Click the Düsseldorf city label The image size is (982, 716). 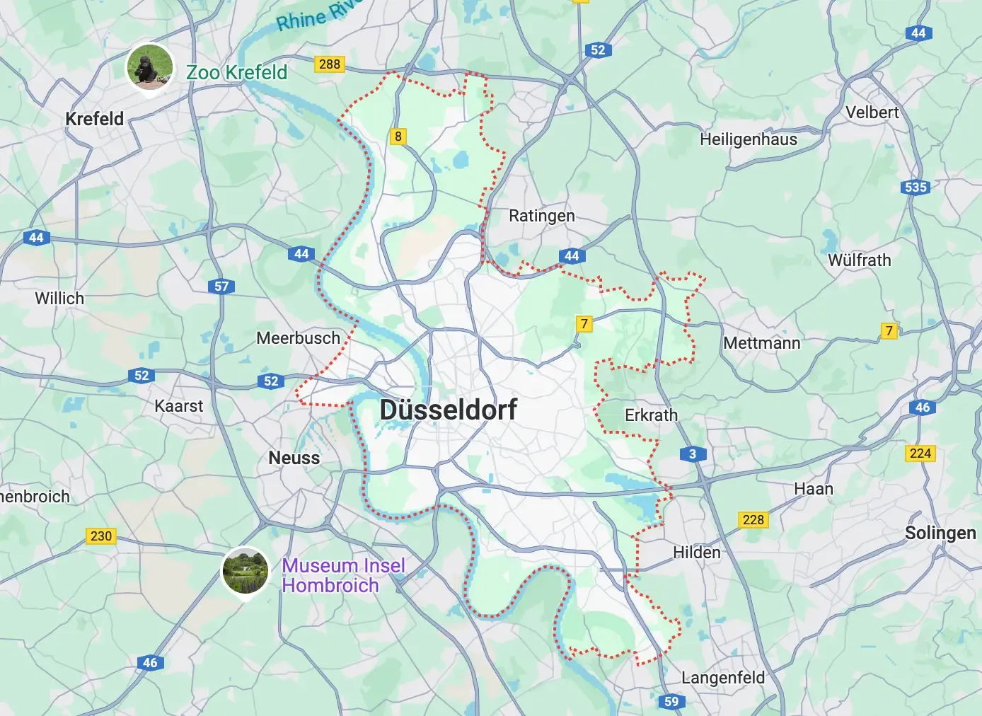point(449,410)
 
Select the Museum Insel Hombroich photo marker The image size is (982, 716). point(245,571)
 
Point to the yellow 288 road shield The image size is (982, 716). point(329,64)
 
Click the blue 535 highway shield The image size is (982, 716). point(915,187)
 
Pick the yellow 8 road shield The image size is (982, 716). point(398,137)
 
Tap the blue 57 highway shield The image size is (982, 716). point(221,287)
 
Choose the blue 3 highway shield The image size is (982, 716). point(693,454)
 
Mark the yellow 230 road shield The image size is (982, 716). point(101,536)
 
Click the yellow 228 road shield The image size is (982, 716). point(753,520)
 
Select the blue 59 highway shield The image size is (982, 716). point(671,701)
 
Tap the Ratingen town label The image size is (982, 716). point(542,216)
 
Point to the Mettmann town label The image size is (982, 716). point(761,343)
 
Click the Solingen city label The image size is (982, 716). point(940,533)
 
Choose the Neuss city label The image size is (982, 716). point(294,458)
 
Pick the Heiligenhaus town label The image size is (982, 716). point(749,139)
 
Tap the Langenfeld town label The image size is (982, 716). point(723,678)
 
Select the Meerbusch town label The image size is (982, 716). point(299,338)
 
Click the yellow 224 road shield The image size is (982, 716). point(920,454)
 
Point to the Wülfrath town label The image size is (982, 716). point(860,260)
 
